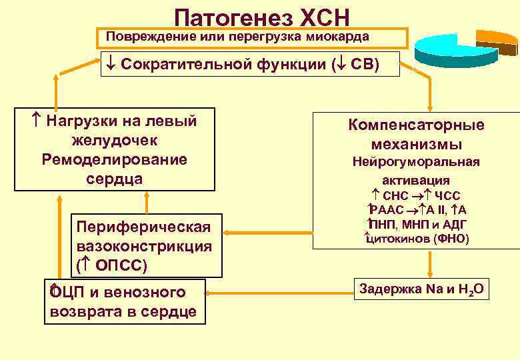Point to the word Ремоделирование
(x=115, y=160)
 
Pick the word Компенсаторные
(x=416, y=125)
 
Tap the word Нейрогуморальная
(x=416, y=161)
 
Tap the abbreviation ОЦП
(x=66, y=292)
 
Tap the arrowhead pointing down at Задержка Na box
(x=430, y=273)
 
